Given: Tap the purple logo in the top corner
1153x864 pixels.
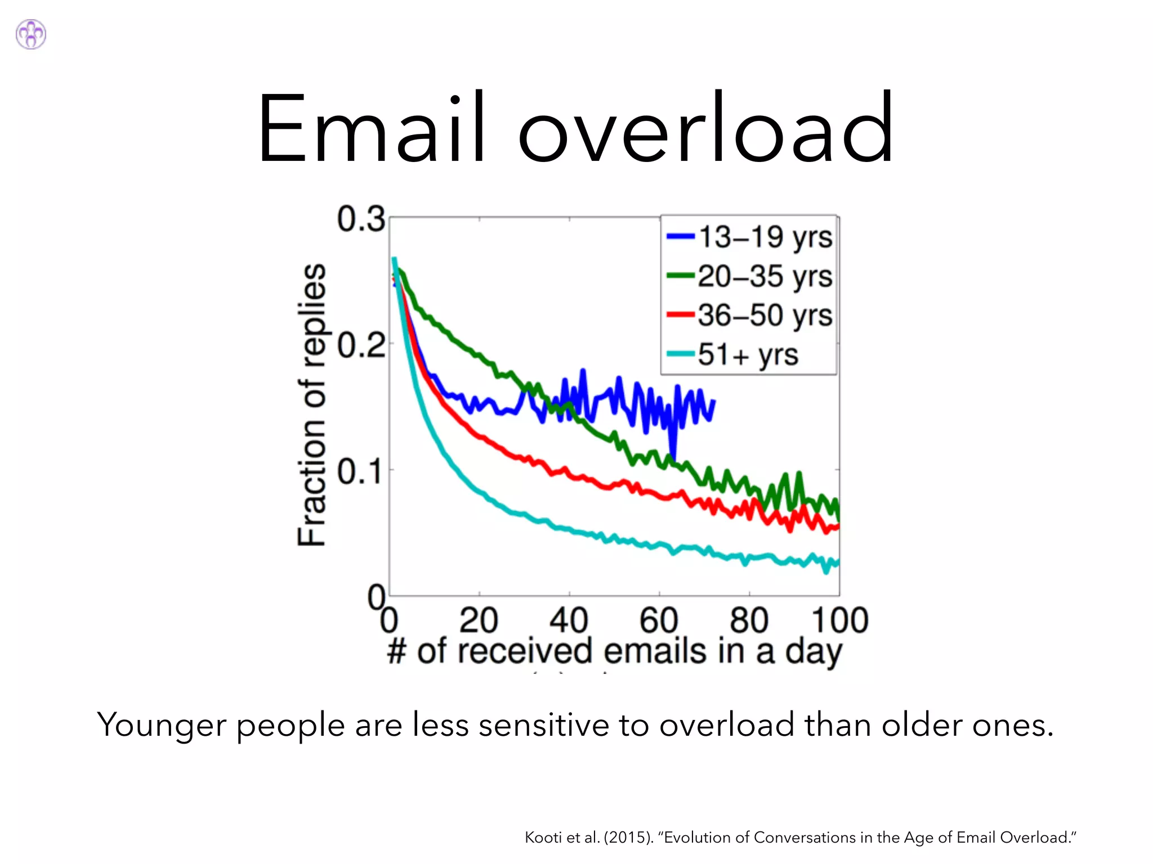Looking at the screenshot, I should pyautogui.click(x=31, y=34).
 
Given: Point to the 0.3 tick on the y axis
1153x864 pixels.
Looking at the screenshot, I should pyautogui.click(x=361, y=219).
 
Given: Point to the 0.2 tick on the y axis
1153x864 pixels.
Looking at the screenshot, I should pyautogui.click(x=361, y=345).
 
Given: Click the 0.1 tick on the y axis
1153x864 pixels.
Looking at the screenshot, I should pyautogui.click(x=361, y=471).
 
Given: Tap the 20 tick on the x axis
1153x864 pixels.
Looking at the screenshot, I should pyautogui.click(x=479, y=620).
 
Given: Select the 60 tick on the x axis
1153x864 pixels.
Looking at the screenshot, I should pyautogui.click(x=659, y=620).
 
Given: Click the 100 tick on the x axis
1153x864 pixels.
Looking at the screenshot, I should pyautogui.click(x=839, y=620).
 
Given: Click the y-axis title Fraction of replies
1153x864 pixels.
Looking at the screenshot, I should pyautogui.click(x=312, y=405).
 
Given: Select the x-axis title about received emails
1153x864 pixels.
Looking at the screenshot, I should pyautogui.click(x=614, y=651).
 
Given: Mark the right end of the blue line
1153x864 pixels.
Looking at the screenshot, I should pyautogui.click(x=714, y=400).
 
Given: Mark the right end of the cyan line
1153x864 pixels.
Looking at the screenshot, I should pyautogui.click(x=838, y=561).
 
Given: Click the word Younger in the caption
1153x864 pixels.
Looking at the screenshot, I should pyautogui.click(x=162, y=724).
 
